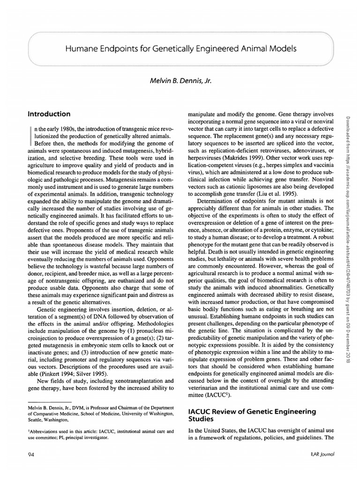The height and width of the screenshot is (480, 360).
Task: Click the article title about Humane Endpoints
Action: (181, 49)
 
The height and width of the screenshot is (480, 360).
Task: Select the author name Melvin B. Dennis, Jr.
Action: (180, 81)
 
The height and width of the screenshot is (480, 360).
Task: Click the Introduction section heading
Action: (49, 114)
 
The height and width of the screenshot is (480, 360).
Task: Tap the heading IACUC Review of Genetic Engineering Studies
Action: (252, 415)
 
